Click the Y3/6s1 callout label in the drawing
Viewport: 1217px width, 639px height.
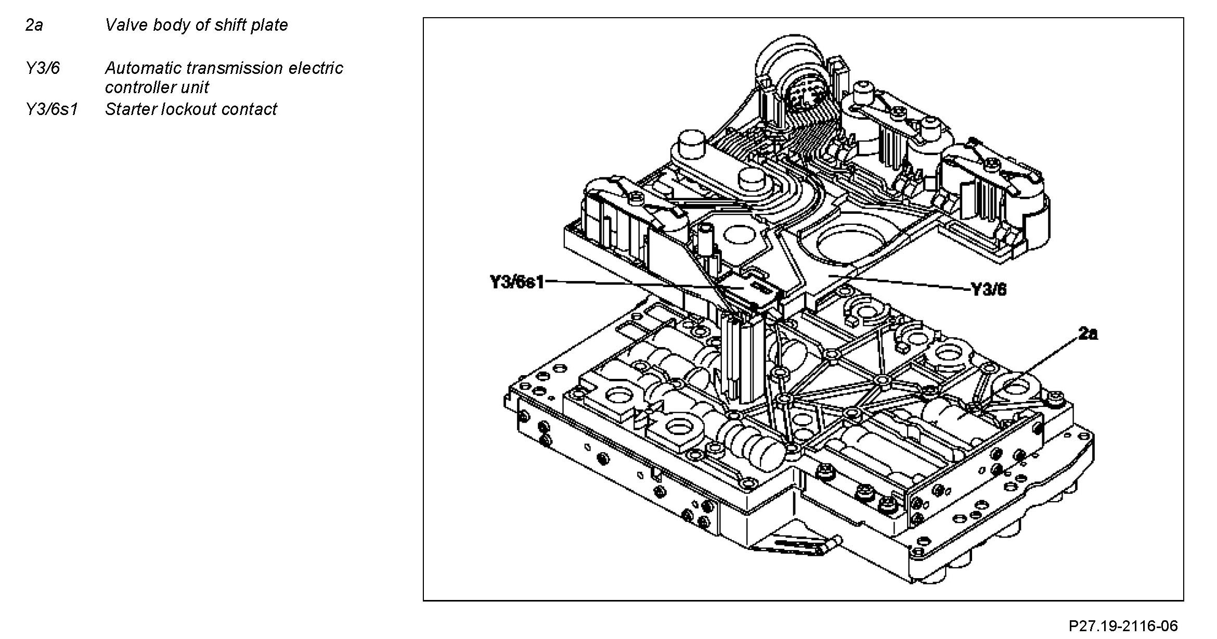pos(517,283)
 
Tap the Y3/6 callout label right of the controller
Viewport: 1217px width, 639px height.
pos(989,289)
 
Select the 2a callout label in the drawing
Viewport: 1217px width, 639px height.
pos(1088,334)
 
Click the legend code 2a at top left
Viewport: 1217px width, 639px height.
pos(34,25)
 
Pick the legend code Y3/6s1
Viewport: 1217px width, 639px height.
pos(51,109)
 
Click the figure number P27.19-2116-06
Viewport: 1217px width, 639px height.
pos(1123,625)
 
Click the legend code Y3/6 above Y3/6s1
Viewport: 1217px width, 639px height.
pos(43,68)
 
